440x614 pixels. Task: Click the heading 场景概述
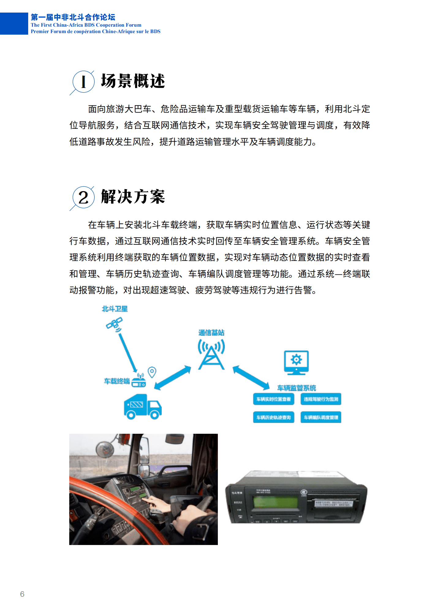pyautogui.click(x=133, y=81)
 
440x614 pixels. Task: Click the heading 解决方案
pyautogui.click(x=133, y=196)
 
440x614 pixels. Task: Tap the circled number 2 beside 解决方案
pyautogui.click(x=83, y=197)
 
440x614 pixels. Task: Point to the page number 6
pyautogui.click(x=22, y=594)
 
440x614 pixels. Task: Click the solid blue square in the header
pyautogui.click(x=14, y=24)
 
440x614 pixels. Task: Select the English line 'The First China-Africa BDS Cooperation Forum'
pyautogui.click(x=86, y=25)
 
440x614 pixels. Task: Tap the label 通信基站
pyautogui.click(x=211, y=333)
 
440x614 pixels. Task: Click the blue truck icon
pyautogui.click(x=142, y=406)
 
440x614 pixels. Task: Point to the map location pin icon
pyautogui.click(x=152, y=372)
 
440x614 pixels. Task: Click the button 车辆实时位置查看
pyautogui.click(x=273, y=399)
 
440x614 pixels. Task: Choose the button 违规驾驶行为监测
pyautogui.click(x=321, y=399)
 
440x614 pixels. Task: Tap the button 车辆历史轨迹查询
pyautogui.click(x=273, y=417)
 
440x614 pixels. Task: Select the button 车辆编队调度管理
pyautogui.click(x=321, y=417)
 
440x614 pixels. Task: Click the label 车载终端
pyautogui.click(x=117, y=381)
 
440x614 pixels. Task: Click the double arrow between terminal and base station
pyautogui.click(x=173, y=378)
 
